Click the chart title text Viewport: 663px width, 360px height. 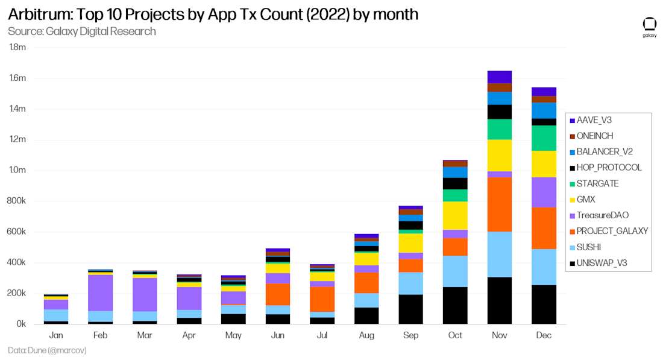pyautogui.click(x=213, y=14)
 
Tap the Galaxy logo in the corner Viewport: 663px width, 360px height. pyautogui.click(x=649, y=28)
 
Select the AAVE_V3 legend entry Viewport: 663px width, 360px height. pyautogui.click(x=594, y=120)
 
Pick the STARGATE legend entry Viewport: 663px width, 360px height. pyautogui.click(x=597, y=183)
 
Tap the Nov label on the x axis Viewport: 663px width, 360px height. pyautogui.click(x=499, y=335)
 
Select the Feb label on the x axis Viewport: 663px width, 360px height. pyautogui.click(x=100, y=335)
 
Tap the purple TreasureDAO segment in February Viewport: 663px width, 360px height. pyautogui.click(x=100, y=292)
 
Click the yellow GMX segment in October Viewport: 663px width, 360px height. pyautogui.click(x=455, y=215)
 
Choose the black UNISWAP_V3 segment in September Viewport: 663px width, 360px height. pyautogui.click(x=410, y=309)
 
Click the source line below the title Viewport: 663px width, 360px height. pyautogui.click(x=81, y=31)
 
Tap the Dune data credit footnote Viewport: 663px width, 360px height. pyautogui.click(x=46, y=350)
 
